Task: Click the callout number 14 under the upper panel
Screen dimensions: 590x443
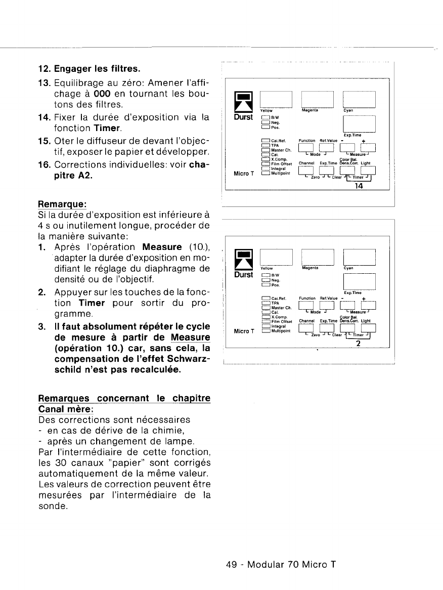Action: (359, 185)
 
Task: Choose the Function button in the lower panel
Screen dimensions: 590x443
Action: (307, 305)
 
